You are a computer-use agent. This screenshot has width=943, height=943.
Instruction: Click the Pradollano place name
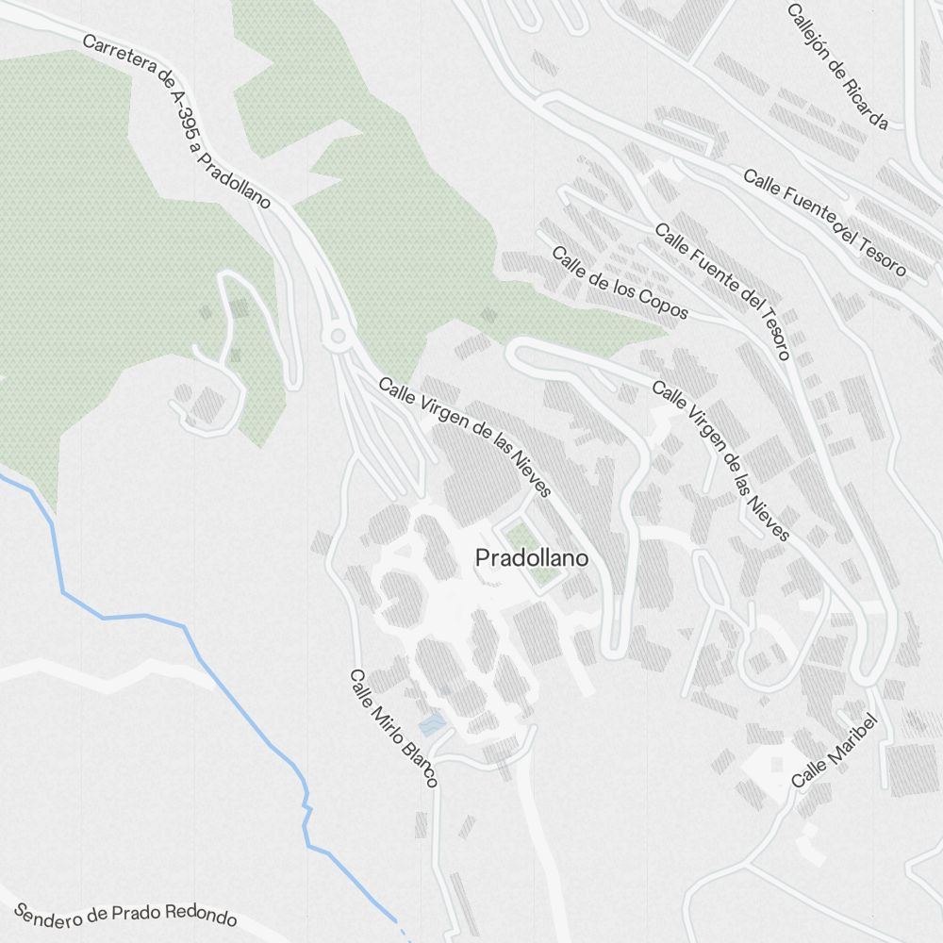tap(532, 558)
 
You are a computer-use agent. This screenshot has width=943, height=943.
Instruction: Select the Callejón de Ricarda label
tap(837, 66)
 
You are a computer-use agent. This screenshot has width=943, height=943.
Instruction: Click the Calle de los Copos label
tap(620, 283)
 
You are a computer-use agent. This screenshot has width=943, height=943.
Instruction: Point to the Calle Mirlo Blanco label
tap(393, 728)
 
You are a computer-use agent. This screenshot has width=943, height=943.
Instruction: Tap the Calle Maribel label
tap(835, 751)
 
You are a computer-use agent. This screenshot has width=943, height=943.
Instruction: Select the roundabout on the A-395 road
tap(335, 336)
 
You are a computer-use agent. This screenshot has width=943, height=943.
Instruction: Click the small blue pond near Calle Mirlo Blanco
tap(432, 724)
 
